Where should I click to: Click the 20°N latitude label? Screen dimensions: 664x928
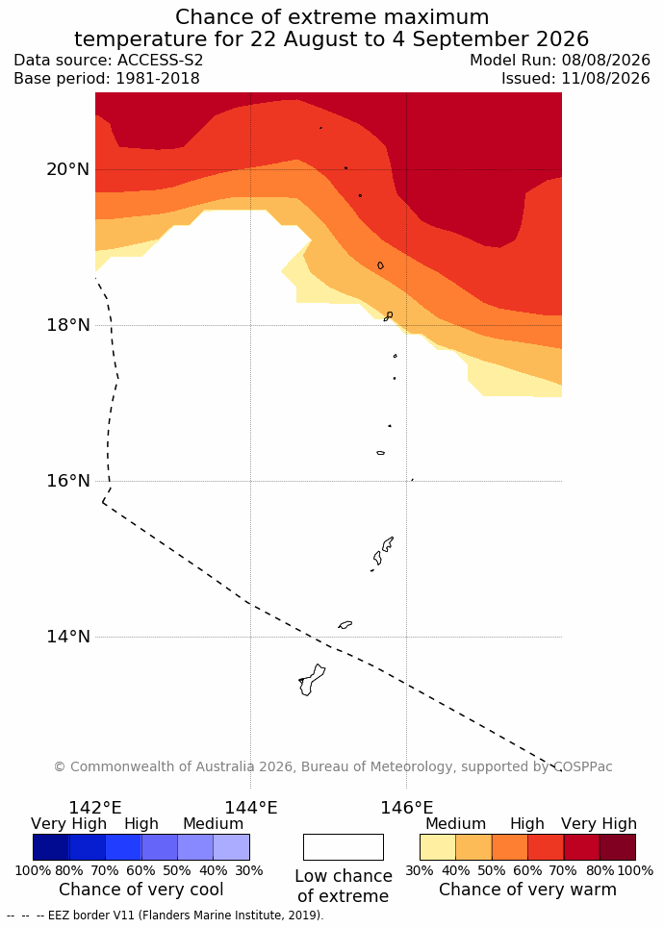[67, 169]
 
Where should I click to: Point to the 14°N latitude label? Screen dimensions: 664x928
[67, 637]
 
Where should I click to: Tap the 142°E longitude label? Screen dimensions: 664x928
[95, 807]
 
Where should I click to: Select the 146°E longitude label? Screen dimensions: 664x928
[407, 807]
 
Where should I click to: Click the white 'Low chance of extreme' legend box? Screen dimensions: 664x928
[344, 847]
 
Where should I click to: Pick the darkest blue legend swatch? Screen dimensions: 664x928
[51, 847]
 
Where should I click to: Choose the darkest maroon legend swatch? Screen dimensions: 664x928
[617, 847]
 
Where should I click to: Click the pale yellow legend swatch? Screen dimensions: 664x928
[438, 847]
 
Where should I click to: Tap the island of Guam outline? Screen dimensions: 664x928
[312, 680]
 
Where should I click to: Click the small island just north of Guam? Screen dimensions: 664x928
[345, 624]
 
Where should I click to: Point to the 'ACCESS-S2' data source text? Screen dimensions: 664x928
[160, 61]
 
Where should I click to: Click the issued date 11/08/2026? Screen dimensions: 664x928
[604, 79]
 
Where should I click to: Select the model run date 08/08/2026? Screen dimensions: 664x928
[604, 61]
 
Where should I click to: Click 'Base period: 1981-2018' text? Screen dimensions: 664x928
[107, 79]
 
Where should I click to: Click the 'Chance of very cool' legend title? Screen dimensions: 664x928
[140, 890]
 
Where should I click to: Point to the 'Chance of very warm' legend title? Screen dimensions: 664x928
[527, 890]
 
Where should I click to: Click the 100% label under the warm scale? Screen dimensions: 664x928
[635, 870]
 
